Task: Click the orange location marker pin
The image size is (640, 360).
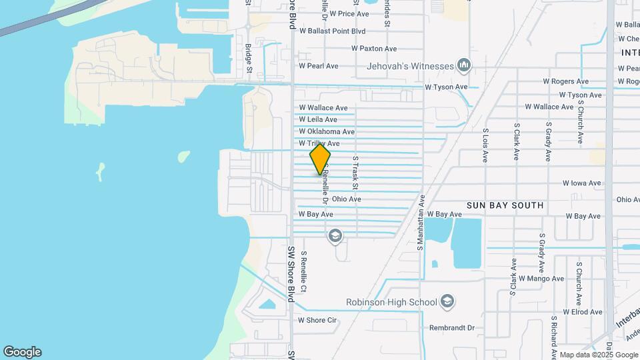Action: [320, 159]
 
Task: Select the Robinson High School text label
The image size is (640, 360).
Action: [391, 302]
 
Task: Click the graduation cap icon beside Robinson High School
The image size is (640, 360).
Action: [447, 302]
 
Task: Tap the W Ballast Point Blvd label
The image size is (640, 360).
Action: [333, 31]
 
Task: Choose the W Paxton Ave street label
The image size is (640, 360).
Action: [373, 48]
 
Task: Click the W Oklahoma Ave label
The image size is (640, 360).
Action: [327, 131]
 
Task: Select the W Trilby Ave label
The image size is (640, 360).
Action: [319, 143]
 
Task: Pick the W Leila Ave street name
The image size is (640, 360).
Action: [318, 119]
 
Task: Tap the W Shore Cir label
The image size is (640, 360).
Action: [317, 320]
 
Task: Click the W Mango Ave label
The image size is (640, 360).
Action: [541, 278]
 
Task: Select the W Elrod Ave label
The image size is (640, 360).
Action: [583, 311]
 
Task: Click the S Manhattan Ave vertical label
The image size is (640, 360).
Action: [422, 223]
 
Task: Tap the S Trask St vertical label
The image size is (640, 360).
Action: [356, 172]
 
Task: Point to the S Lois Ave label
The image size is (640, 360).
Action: [485, 145]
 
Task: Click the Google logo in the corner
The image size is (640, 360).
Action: [22, 351]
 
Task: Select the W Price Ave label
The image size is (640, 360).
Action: [344, 13]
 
